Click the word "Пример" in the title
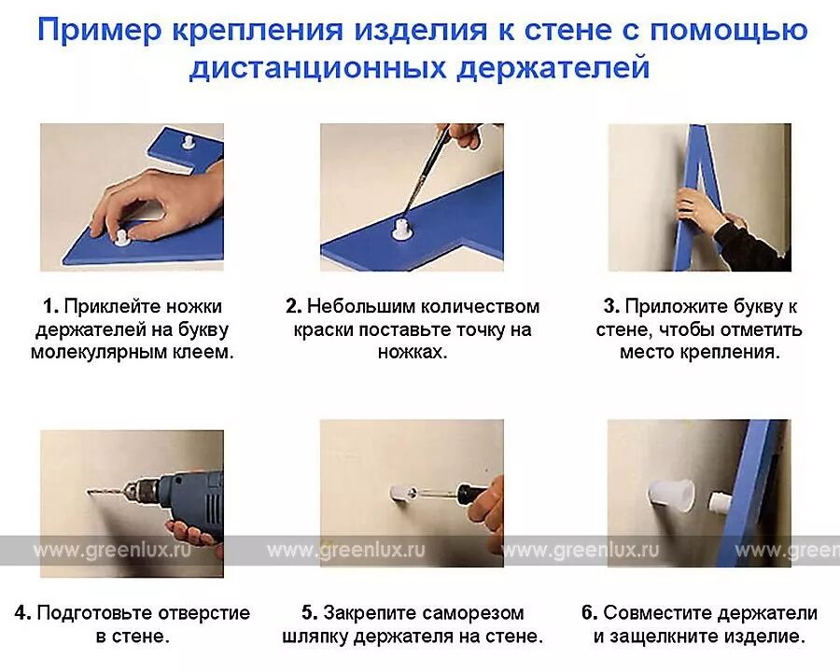99,30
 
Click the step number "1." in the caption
51,306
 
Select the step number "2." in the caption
294,306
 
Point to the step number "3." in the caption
611,306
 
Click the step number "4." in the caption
23,613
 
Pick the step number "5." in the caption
310,613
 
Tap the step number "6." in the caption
590,613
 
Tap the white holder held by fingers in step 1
122,237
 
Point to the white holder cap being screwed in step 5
399,493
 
